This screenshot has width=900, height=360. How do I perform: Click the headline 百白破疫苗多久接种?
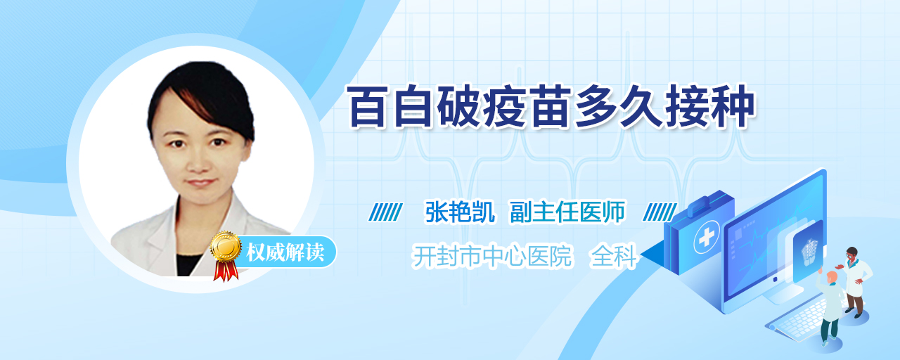pyautogui.click(x=551, y=106)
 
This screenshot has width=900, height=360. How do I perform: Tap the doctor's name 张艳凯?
pyautogui.click(x=460, y=212)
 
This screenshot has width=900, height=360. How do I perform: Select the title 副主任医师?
pyautogui.click(x=567, y=212)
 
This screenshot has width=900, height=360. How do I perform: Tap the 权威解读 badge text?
pyautogui.click(x=285, y=252)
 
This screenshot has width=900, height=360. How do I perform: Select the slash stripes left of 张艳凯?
pyautogui.click(x=385, y=212)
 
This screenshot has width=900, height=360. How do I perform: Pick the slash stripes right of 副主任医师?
pyautogui.click(x=660, y=212)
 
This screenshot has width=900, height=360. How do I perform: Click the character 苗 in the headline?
pyautogui.click(x=551, y=106)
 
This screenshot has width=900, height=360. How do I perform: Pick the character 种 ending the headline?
pyautogui.click(x=733, y=106)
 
